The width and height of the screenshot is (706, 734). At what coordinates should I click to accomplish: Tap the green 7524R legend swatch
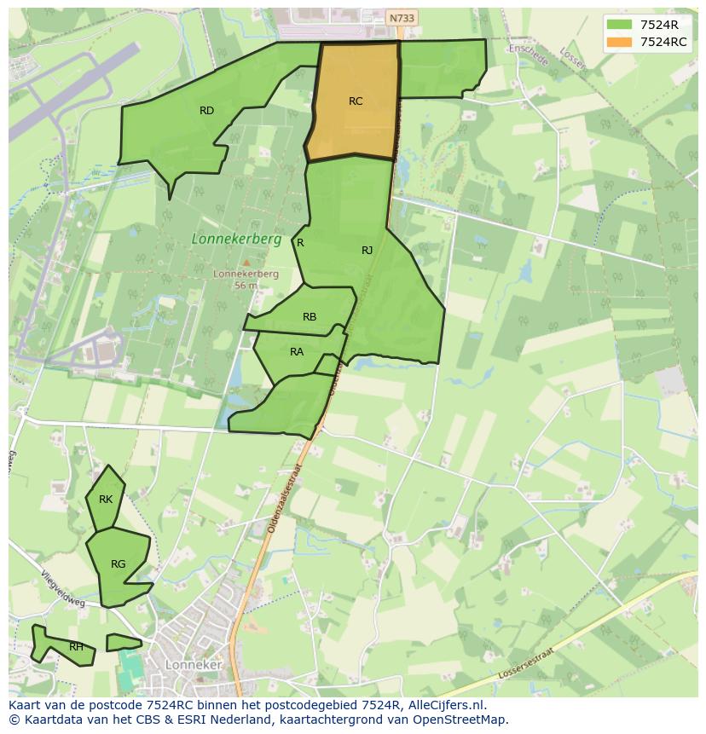click(619, 25)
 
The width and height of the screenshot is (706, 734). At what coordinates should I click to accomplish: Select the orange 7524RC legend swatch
click(619, 42)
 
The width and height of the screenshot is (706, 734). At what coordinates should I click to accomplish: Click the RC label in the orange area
click(356, 101)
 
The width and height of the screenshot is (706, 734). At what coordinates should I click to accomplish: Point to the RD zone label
click(206, 111)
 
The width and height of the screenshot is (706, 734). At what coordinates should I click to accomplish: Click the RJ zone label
click(367, 250)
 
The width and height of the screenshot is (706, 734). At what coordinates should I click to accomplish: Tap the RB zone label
click(310, 317)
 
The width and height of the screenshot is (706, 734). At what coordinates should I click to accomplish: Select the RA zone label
click(297, 352)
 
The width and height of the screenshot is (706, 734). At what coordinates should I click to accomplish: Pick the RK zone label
click(106, 500)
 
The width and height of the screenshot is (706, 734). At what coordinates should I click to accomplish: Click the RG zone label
click(118, 564)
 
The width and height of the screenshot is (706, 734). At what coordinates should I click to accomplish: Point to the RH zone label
click(77, 647)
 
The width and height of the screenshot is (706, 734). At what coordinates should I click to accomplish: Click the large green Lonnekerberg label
click(236, 240)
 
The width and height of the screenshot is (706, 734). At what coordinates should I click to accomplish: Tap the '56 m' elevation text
click(246, 286)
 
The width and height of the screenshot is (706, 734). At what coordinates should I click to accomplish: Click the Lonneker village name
click(194, 665)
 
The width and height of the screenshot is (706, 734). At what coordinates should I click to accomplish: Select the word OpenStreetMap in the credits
click(464, 720)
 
